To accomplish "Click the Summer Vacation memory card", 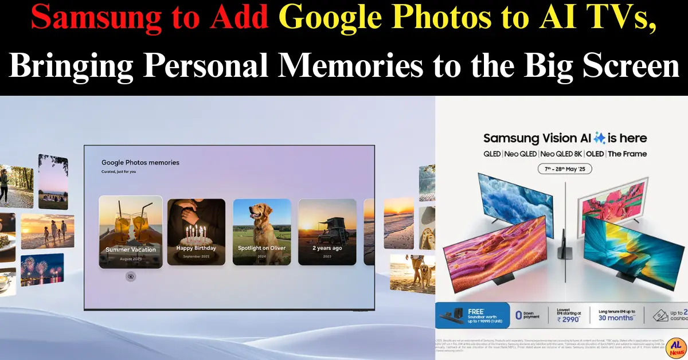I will point(130,232).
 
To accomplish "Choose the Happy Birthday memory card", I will point(196,232).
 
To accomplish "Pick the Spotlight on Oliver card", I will point(261,232).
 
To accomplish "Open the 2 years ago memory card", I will point(327,232).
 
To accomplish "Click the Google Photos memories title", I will point(140,163).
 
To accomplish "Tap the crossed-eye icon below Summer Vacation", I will point(131,277).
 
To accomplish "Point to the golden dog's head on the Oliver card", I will point(256,213).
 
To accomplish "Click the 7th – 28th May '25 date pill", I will point(565,169).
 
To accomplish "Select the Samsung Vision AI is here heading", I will point(565,138).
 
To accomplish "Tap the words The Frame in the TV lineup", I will point(627,154).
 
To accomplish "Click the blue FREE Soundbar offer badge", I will point(472,315).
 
